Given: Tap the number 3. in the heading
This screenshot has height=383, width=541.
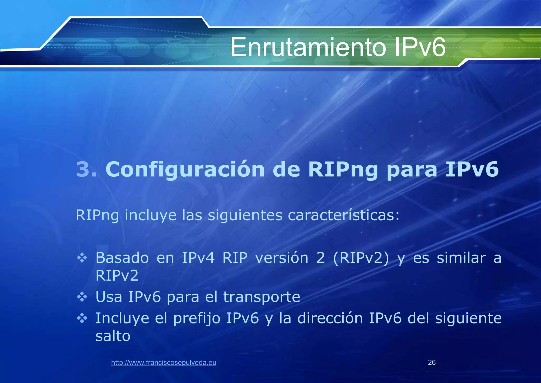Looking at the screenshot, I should click(86, 169).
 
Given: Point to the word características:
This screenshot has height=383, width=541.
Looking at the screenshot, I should click(343, 215).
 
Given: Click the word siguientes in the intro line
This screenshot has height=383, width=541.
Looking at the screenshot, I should click(245, 215).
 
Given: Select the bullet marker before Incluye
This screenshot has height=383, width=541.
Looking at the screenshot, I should click(82, 318).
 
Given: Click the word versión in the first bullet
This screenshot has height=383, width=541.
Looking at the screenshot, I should click(282, 258).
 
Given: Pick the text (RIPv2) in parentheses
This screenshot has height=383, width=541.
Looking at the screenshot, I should click(361, 258).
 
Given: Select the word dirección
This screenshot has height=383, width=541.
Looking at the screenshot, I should click(330, 318).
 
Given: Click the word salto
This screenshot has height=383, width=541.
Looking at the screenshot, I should click(113, 336).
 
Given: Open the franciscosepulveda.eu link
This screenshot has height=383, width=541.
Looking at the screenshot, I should click(164, 362).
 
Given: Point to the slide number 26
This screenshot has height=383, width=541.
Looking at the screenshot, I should click(432, 362).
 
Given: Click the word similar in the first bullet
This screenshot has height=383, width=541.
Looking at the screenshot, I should click(461, 258).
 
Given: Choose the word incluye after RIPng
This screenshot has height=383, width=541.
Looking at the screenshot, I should click(150, 215).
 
